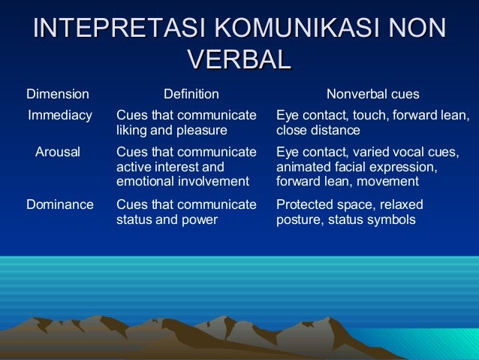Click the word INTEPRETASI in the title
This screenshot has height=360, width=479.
point(121,28)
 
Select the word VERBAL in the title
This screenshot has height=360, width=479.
point(239,59)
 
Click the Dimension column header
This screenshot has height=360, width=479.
point(57,95)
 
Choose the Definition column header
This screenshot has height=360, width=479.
point(191,95)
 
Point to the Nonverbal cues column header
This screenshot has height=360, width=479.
point(372,95)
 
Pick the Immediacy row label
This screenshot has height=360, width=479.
point(60,116)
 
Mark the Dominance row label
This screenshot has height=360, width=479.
point(60,204)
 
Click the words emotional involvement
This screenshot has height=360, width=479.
point(182,181)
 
